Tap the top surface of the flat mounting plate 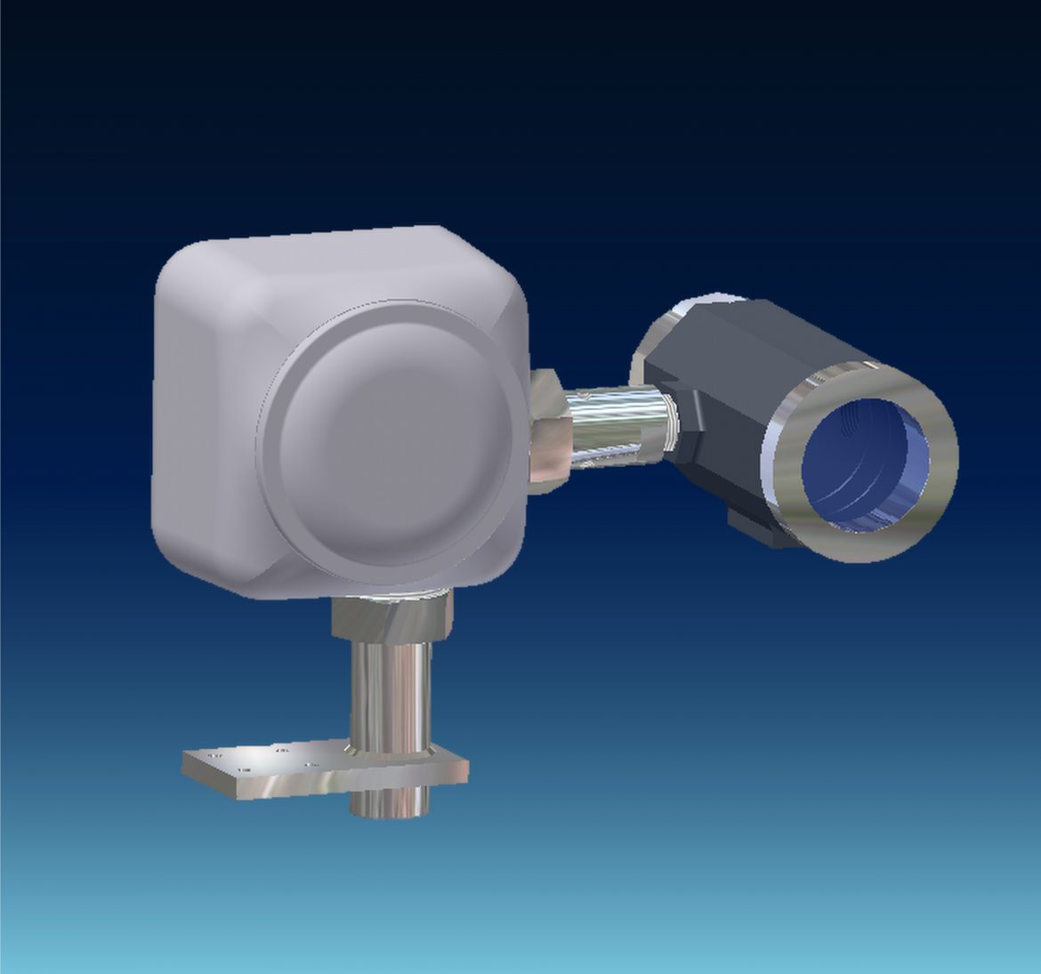267,761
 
